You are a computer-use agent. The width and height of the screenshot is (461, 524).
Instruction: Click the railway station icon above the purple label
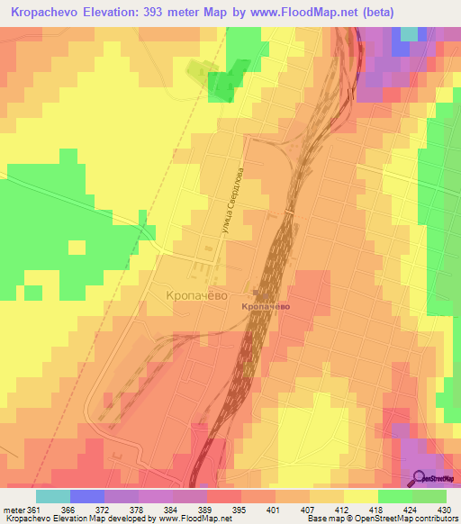coord(259,294)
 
